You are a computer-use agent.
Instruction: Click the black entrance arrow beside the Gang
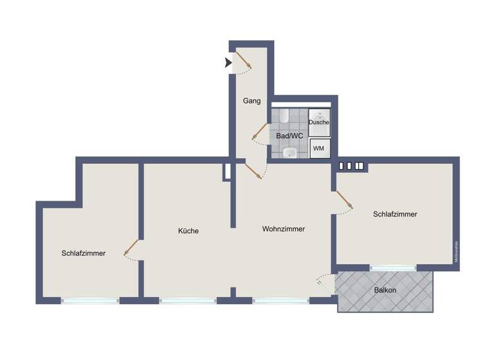click(228, 63)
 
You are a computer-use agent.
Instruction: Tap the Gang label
click(251, 101)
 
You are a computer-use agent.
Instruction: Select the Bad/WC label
click(289, 136)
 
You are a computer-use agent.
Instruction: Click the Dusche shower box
click(319, 122)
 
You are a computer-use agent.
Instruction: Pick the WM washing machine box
click(318, 149)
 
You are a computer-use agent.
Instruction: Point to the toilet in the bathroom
click(284, 116)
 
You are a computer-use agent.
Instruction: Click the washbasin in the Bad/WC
click(289, 152)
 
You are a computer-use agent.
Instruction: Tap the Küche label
click(188, 231)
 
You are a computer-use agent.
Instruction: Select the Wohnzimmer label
click(283, 229)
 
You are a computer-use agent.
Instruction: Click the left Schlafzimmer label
click(84, 253)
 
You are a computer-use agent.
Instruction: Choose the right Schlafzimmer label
click(395, 214)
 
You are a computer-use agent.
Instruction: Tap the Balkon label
click(385, 290)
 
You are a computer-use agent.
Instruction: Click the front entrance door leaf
click(242, 60)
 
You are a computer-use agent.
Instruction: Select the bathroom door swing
click(259, 132)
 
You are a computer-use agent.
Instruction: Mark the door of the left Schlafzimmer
click(131, 247)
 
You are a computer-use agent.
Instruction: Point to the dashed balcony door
click(324, 283)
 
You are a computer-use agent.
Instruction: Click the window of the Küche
click(188, 300)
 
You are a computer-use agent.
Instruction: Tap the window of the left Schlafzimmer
click(90, 300)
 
